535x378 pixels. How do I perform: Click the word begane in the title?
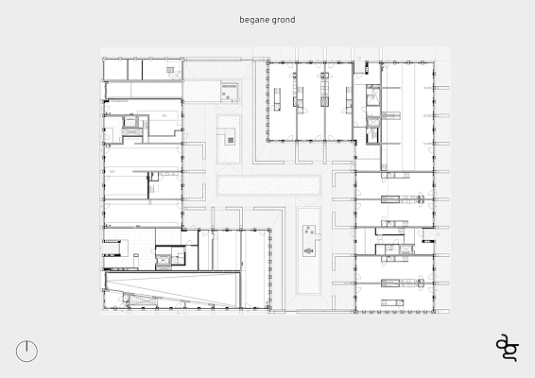[x=253, y=20]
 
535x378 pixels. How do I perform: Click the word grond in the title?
[x=284, y=20]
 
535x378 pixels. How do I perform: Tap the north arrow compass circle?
[x=27, y=351]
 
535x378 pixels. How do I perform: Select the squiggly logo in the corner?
[x=508, y=348]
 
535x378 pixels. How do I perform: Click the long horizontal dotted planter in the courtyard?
[x=268, y=185]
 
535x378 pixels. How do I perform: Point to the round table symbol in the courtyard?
[x=308, y=251]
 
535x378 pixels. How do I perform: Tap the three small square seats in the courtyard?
[x=310, y=231]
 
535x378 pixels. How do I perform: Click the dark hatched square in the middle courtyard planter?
[x=231, y=140]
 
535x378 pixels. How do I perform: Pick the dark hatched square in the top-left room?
[x=170, y=70]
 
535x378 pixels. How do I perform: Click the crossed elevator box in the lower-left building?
[x=163, y=261]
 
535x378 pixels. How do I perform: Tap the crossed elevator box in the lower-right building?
[x=406, y=249]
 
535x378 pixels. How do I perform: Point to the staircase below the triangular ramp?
[x=144, y=301]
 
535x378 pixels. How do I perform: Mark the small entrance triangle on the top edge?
[x=359, y=59]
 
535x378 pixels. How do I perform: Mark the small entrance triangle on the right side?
[x=438, y=234]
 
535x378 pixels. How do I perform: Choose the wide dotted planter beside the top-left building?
[x=201, y=91]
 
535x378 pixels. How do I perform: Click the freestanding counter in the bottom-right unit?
[x=392, y=302]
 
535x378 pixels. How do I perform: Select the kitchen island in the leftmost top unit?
[x=277, y=99]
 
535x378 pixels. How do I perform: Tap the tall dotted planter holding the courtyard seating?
[x=308, y=250]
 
